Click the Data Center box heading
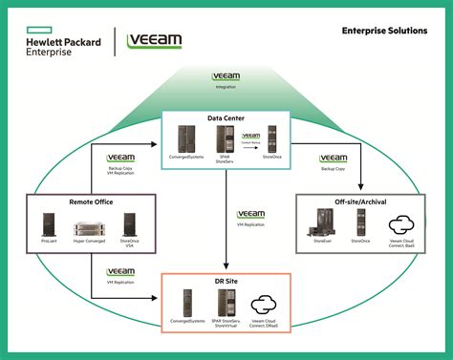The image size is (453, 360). click(226, 118)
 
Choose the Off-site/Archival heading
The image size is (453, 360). click(360, 201)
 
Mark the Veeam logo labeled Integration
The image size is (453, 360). click(225, 74)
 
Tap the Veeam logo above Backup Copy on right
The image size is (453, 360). click(334, 158)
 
